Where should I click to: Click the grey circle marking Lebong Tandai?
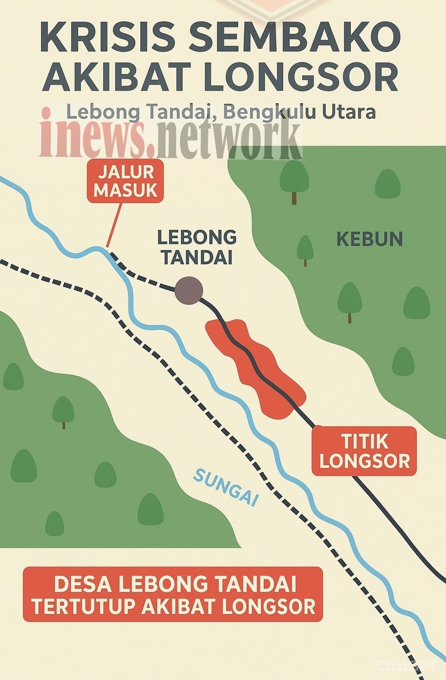point(188,290)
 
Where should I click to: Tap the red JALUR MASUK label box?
point(125,181)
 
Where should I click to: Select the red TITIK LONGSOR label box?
point(364,451)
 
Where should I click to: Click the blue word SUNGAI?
point(226,487)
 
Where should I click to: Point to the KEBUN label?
point(369,240)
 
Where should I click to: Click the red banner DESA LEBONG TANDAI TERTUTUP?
point(173,595)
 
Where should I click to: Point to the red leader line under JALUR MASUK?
point(114,224)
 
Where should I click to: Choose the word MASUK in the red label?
point(125,190)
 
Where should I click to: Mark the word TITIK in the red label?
point(365,441)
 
